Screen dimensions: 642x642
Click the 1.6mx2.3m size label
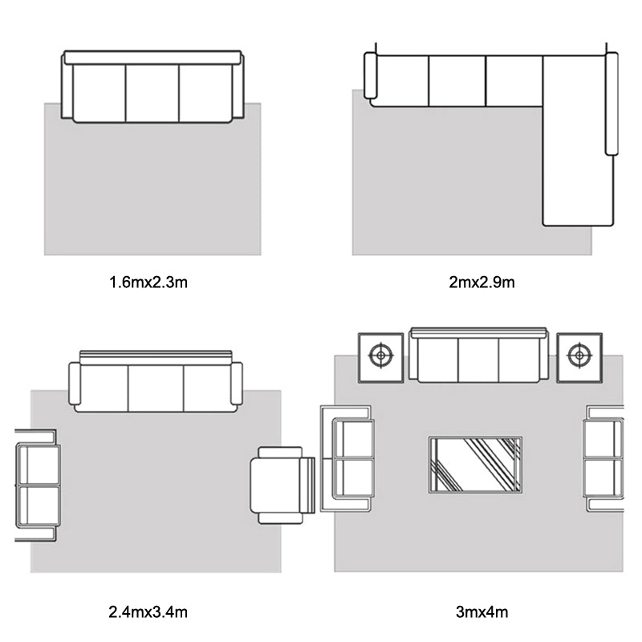click(148, 282)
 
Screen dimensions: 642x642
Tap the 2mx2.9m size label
click(481, 282)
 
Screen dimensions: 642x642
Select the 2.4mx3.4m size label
click(148, 612)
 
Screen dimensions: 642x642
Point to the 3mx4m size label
click(482, 612)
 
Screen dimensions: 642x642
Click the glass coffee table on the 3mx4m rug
click(475, 465)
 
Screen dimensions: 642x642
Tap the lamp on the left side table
click(381, 356)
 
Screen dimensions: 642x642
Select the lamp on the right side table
click(579, 356)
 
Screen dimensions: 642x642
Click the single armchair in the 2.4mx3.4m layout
click(282, 486)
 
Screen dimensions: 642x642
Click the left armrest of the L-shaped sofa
click(370, 75)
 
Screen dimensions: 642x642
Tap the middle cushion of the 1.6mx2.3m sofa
click(152, 93)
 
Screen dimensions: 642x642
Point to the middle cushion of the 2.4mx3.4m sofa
click(156, 388)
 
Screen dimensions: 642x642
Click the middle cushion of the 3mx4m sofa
click(478, 360)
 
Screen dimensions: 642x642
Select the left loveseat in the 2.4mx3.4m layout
click(38, 486)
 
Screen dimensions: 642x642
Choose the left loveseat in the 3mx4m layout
click(347, 458)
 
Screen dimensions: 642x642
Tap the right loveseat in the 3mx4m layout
click(604, 458)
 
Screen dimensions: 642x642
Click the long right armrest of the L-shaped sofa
click(612, 104)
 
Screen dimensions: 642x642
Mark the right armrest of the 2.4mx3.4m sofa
click(237, 384)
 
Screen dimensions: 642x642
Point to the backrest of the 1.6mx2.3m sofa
click(152, 57)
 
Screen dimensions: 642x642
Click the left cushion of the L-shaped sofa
click(403, 81)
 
